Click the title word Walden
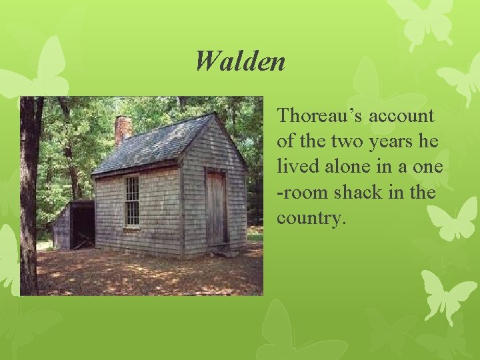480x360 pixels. (x=240, y=62)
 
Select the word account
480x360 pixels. (x=401, y=116)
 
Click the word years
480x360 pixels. (x=387, y=141)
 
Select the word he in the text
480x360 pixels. (x=426, y=141)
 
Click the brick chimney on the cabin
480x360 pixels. (x=123, y=129)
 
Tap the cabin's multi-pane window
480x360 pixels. (x=131, y=201)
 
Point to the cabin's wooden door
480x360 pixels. (x=215, y=208)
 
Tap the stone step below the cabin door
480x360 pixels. (x=220, y=250)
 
